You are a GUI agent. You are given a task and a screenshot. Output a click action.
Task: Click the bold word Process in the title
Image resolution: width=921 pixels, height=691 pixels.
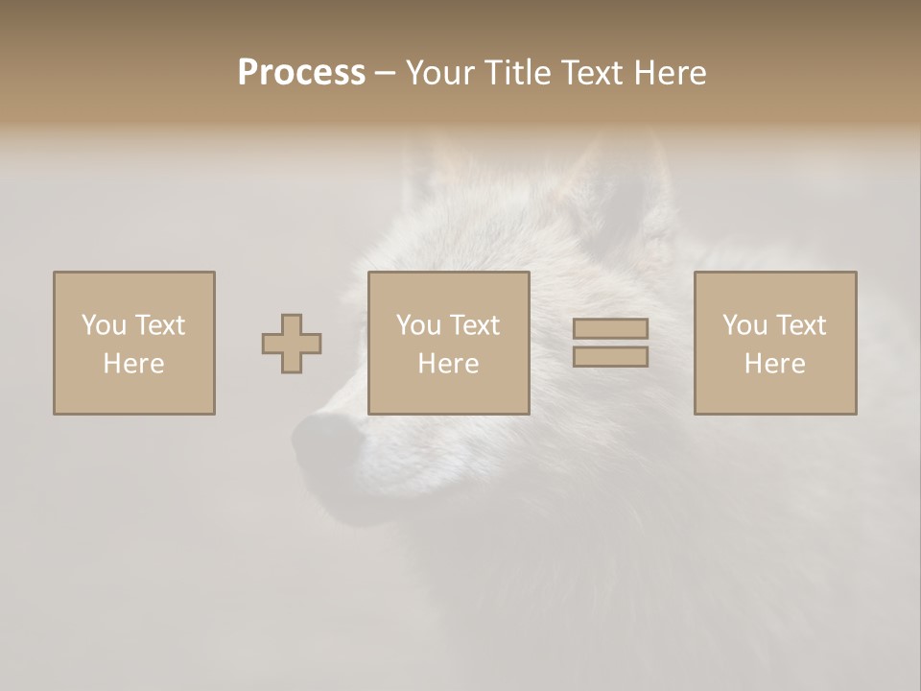[301, 73]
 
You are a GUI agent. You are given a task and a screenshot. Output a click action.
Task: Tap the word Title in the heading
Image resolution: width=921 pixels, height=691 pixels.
[518, 73]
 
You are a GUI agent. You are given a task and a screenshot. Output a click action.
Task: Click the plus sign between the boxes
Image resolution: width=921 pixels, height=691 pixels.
[292, 344]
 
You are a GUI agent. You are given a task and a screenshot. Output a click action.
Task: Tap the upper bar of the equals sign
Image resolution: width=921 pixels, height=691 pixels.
[610, 328]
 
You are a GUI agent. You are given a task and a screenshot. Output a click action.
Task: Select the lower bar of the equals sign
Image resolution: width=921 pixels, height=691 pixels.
[610, 356]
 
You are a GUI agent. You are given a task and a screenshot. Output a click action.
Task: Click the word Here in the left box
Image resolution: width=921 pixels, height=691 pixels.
[133, 364]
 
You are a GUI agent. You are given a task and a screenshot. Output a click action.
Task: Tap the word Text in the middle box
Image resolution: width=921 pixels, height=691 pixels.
[474, 325]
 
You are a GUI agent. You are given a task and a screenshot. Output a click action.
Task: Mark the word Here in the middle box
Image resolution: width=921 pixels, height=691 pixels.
[449, 364]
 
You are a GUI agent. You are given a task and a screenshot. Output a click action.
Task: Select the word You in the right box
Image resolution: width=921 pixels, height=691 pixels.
[744, 325]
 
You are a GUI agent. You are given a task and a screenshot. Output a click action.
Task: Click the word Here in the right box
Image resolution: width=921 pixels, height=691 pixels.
[775, 364]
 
